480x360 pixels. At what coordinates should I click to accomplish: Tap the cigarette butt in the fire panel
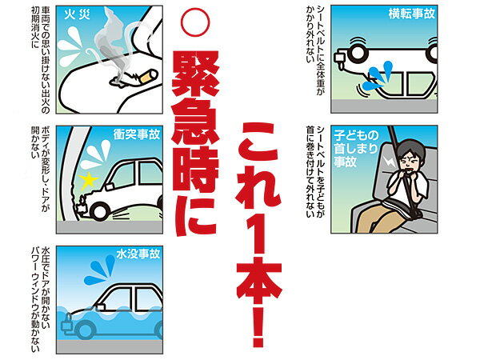tap(149, 76)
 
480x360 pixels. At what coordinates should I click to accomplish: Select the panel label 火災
tap(77, 14)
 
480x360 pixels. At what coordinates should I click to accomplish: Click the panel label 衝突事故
tap(137, 134)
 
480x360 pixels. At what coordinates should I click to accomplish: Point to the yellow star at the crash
tap(89, 181)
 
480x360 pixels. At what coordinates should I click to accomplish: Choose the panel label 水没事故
tap(138, 254)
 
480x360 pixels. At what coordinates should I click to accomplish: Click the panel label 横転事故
tap(412, 14)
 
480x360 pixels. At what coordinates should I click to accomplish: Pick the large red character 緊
tap(196, 74)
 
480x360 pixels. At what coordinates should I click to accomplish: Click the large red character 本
tap(259, 277)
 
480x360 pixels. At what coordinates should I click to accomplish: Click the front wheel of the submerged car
tap(84, 329)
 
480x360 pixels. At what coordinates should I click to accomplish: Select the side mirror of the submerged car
tap(100, 307)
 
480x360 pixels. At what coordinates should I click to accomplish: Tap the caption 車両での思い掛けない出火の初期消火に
tap(41, 60)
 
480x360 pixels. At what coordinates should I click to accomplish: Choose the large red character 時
tap(196, 170)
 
